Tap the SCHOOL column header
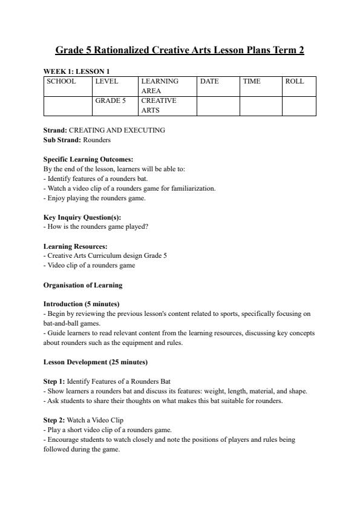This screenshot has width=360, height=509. click(x=61, y=81)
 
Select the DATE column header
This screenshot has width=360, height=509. click(x=209, y=81)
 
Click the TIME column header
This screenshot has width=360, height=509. click(x=252, y=81)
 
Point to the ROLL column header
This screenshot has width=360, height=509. click(x=295, y=81)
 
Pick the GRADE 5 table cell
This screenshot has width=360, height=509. click(x=111, y=100)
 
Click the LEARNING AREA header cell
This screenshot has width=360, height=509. click(x=160, y=85)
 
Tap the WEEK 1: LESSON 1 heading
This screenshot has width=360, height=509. click(x=76, y=71)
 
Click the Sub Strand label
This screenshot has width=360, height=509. click(x=62, y=140)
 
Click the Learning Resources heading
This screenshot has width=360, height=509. click(x=76, y=246)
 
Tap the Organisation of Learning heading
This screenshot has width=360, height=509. click(x=83, y=285)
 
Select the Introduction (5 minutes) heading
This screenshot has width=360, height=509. click(x=81, y=304)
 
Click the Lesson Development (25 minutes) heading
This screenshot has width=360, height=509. click(x=96, y=362)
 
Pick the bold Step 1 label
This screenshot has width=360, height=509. click(x=54, y=381)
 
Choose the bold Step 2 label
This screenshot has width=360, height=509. click(x=54, y=420)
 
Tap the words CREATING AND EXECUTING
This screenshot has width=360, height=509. click(x=117, y=130)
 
